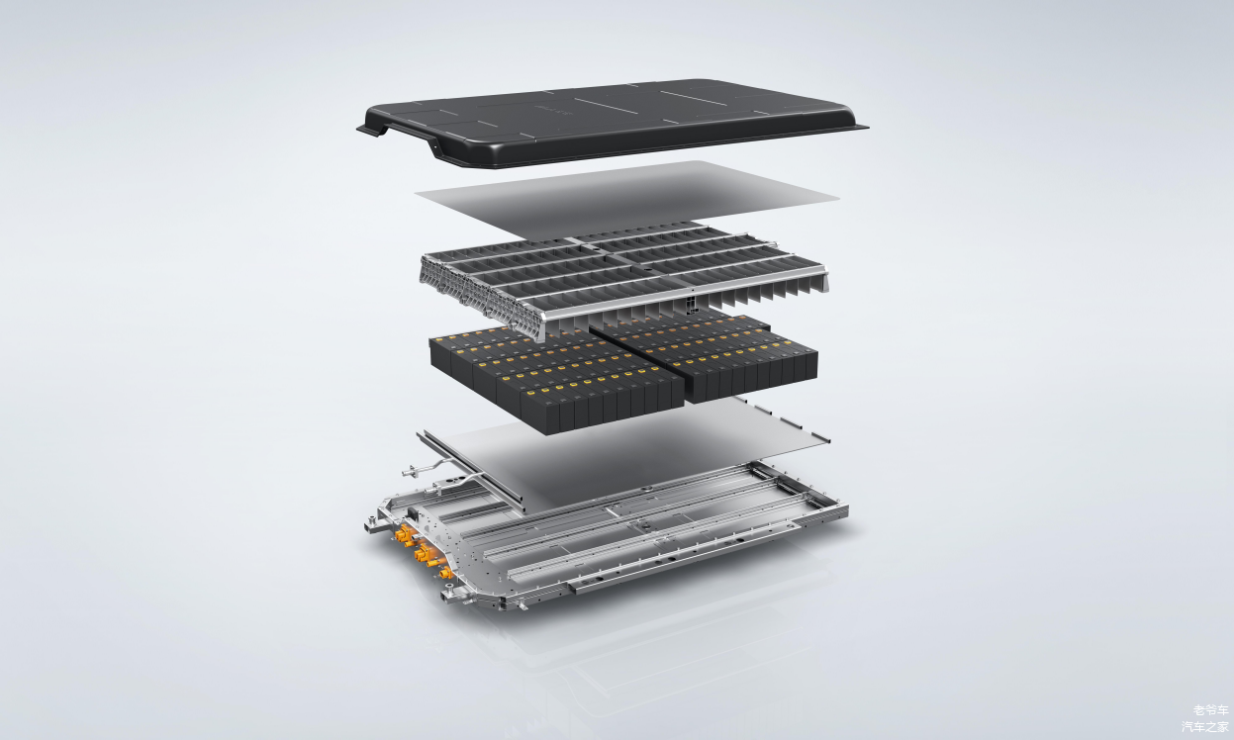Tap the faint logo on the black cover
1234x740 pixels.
pyautogui.click(x=553, y=112)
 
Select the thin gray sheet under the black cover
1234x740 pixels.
pyautogui.click(x=628, y=199)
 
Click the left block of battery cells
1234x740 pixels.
pyautogui.click(x=556, y=380)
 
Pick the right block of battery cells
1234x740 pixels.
pyautogui.click(x=706, y=352)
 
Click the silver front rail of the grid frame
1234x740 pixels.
pyautogui.click(x=683, y=292)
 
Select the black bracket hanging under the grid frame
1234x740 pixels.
pyautogui.click(x=690, y=304)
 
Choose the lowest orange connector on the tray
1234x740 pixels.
pyautogui.click(x=445, y=574)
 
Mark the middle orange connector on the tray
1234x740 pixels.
pyautogui.click(x=425, y=553)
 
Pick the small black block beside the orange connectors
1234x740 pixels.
pyautogui.click(x=412, y=513)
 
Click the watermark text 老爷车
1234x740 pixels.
pyautogui.click(x=1211, y=711)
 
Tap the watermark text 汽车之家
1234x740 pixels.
pyautogui.click(x=1205, y=727)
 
